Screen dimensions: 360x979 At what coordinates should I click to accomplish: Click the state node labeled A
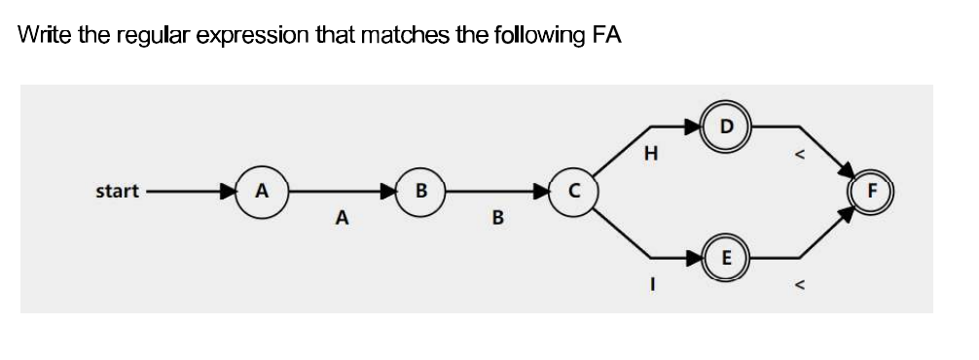(x=260, y=191)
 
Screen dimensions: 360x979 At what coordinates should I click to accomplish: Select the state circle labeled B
(x=420, y=191)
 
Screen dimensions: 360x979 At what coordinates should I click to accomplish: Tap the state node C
(x=574, y=191)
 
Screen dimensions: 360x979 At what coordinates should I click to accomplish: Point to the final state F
(x=872, y=191)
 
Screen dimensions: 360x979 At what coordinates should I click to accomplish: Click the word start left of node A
(x=117, y=191)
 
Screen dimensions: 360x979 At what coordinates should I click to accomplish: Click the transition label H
(x=651, y=153)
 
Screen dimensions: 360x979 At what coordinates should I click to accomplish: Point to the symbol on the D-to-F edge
(x=800, y=153)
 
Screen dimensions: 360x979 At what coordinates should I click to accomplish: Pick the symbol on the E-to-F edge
(x=800, y=286)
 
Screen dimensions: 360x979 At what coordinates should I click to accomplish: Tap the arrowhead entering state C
(x=540, y=191)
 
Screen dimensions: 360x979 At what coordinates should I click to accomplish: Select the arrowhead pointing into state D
(x=693, y=126)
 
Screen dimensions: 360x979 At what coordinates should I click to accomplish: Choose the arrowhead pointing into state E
(x=693, y=258)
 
